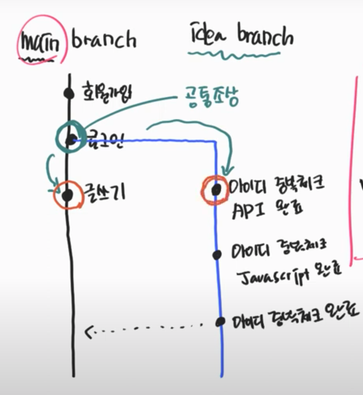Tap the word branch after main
tap(103, 40)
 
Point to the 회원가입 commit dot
tap(68, 93)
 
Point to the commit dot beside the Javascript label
tap(217, 255)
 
